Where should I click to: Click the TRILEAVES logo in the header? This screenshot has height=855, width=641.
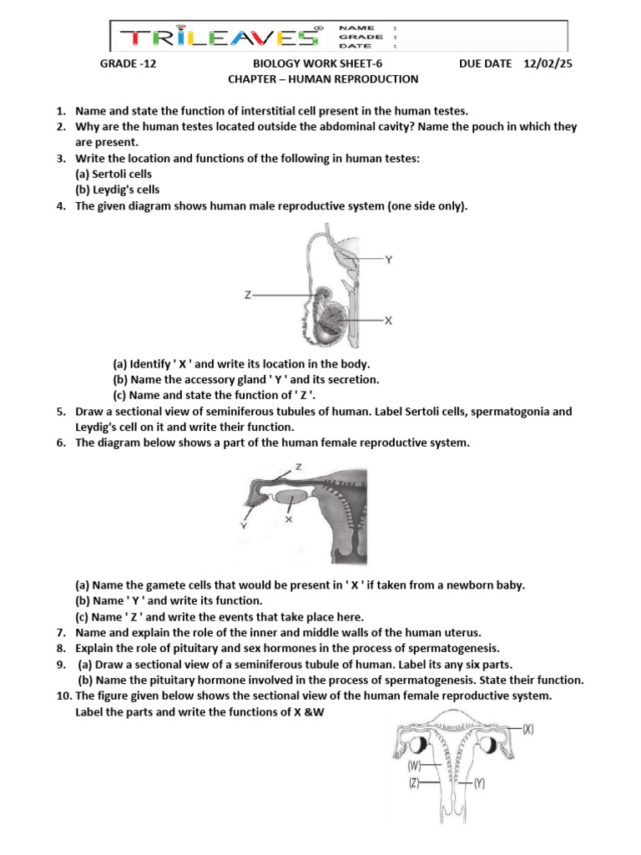(221, 38)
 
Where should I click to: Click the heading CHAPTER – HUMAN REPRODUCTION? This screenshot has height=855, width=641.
(323, 79)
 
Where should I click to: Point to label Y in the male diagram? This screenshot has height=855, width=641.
(389, 260)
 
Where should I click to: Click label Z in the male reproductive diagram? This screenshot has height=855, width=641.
(248, 295)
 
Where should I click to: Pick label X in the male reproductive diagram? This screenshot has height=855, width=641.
(389, 320)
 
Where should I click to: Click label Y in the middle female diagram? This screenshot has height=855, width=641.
(243, 526)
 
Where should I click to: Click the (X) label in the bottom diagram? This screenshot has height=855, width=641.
(528, 728)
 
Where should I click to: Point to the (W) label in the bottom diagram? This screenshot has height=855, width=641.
(414, 765)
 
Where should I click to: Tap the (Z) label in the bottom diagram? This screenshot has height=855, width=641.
(414, 783)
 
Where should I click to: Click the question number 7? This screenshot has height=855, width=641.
(61, 632)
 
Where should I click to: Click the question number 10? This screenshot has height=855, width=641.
(63, 696)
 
